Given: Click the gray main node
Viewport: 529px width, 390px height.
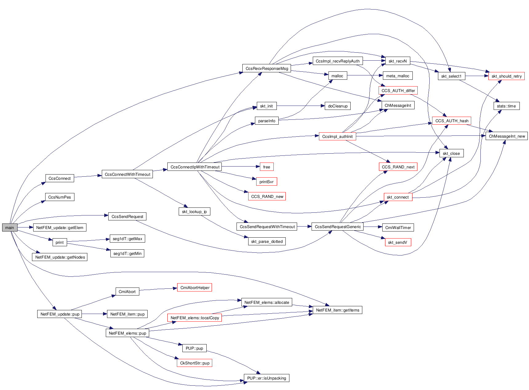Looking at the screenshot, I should [10, 227].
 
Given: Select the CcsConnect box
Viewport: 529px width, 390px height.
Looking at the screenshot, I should [60, 178].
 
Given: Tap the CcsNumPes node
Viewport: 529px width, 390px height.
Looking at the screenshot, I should [60, 197].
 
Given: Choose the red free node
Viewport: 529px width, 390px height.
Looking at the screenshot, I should [266, 167].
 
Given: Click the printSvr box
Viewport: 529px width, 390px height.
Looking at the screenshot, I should [266, 182].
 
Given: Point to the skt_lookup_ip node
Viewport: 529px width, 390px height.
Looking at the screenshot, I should [194, 211].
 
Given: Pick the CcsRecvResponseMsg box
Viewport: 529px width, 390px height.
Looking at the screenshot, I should [267, 68].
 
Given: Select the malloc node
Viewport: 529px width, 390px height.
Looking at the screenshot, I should [337, 76].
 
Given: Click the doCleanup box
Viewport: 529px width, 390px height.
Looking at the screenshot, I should [337, 106].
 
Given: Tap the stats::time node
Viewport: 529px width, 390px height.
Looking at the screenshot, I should [506, 106].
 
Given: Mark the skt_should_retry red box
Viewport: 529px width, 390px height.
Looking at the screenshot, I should [506, 76].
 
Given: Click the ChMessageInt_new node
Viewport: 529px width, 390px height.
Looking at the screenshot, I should [507, 136].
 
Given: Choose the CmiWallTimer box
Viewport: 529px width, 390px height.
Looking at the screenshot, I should [398, 227].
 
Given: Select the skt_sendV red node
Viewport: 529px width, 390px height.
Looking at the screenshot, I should [398, 242].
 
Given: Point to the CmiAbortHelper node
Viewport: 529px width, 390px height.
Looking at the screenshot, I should [195, 287].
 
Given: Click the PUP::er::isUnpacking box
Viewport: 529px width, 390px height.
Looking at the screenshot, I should [266, 378].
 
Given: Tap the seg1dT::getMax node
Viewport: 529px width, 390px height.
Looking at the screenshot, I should [127, 239].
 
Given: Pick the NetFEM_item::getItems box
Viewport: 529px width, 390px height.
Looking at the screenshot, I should [337, 310].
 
